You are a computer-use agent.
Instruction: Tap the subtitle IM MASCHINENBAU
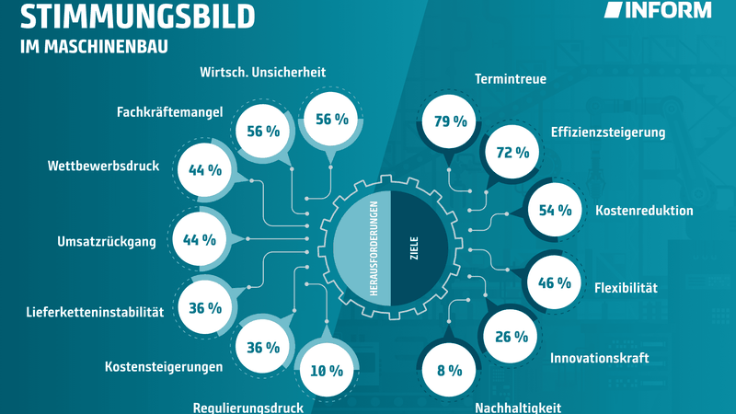94,46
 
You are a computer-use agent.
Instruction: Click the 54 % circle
556,211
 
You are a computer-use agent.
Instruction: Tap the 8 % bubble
449,371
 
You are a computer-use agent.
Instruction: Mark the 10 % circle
327,371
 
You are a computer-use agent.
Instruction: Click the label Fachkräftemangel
170,112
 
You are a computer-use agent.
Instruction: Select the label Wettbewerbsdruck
104,167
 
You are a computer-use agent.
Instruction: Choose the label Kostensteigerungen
165,367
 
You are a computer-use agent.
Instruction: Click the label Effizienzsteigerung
607,132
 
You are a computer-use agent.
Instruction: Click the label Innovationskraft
600,358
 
